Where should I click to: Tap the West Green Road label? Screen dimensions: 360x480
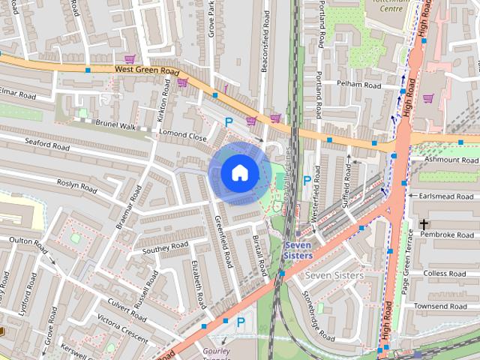point(147,70)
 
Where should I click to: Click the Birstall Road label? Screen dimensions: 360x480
point(259,256)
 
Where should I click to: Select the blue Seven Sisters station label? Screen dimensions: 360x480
point(298,250)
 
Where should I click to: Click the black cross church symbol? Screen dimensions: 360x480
point(424,224)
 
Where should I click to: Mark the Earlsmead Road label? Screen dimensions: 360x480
point(448,196)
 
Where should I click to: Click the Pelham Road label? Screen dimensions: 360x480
point(358,85)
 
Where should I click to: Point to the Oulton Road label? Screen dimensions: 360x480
point(28,241)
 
